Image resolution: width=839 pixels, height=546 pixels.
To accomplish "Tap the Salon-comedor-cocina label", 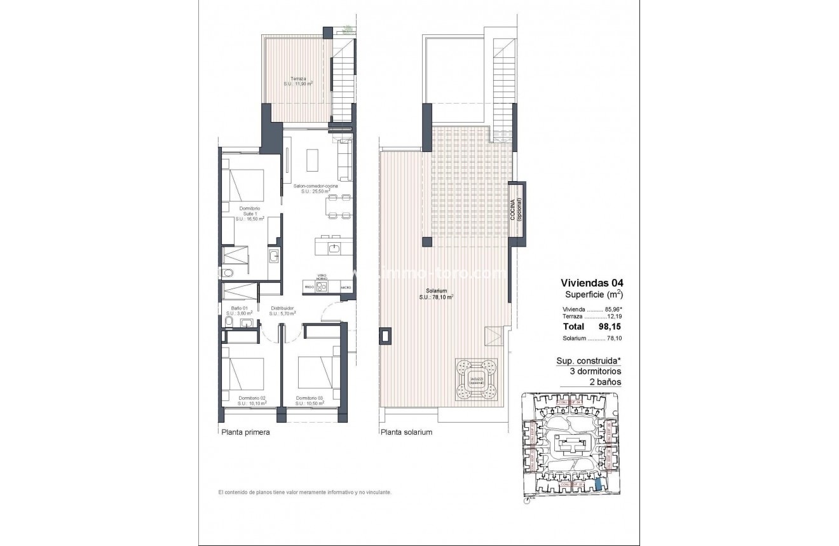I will pos(315,186).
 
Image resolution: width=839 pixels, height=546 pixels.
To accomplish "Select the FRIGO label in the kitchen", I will pos(309,287).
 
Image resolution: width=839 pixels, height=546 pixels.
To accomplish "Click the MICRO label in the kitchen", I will pos(345,287).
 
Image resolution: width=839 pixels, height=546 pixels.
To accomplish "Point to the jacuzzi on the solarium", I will pos(475,380).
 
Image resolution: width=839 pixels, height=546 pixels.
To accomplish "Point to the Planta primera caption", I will pos(245,432).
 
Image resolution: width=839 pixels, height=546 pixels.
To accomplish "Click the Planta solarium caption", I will pos(407,432).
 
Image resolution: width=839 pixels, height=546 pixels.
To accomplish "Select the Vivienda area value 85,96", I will pos(612,309).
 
